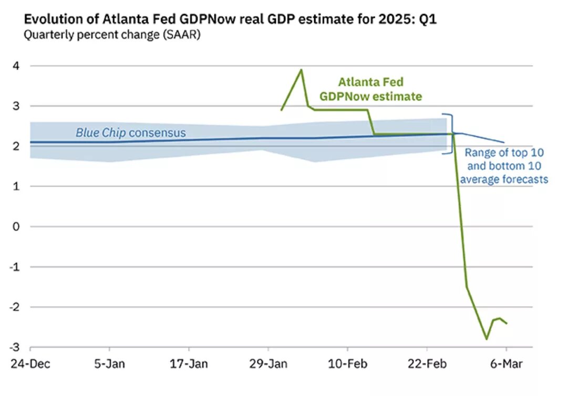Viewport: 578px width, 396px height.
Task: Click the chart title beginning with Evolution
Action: pos(230,19)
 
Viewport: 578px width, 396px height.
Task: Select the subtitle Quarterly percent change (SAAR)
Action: pos(112,35)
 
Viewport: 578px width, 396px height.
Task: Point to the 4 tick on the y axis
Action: pos(16,66)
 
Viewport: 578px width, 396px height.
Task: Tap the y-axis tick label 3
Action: pos(16,106)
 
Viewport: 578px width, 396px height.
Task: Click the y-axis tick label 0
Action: pos(16,227)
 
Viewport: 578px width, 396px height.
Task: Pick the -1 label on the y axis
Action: pos(15,267)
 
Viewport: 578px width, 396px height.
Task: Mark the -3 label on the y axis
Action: pos(15,347)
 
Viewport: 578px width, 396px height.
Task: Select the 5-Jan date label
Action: pos(109,364)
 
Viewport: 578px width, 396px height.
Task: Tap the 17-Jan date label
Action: pos(189,364)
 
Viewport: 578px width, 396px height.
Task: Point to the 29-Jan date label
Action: pos(268,364)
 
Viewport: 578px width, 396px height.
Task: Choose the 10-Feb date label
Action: pos(347,364)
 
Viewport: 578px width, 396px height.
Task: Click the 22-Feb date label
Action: pos(427,364)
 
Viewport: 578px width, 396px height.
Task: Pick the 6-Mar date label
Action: pos(506,364)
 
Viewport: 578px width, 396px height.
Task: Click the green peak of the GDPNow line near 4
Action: pos(301,70)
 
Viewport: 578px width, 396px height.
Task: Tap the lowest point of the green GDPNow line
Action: pos(486,339)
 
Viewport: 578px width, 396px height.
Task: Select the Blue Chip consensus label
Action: pos(131,133)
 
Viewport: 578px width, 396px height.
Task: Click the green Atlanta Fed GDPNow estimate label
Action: pos(371,89)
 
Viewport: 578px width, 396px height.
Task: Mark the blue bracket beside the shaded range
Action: pos(450,134)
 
